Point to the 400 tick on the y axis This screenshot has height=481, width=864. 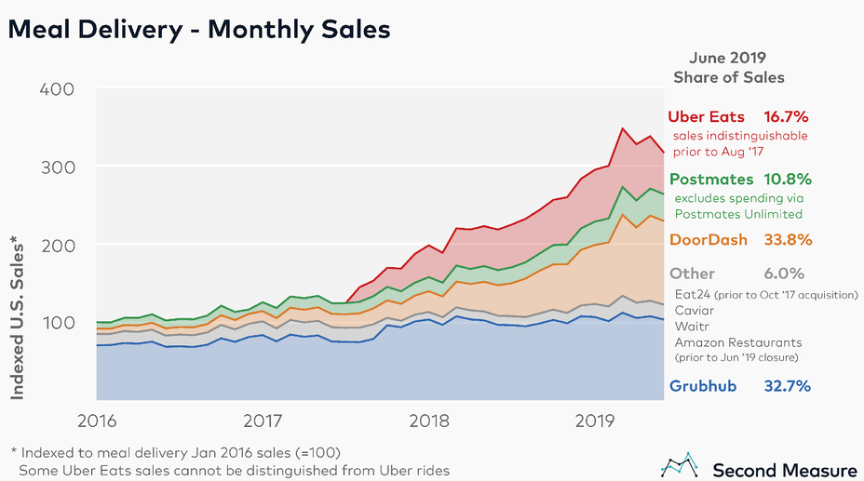point(58,89)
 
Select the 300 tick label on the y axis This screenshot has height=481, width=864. point(58,167)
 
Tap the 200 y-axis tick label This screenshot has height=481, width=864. point(58,245)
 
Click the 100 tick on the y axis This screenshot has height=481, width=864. point(58,323)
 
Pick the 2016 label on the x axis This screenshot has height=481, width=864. point(97,421)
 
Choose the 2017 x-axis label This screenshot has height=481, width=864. point(263,421)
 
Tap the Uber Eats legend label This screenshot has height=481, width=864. point(707,117)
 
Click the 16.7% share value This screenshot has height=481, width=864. point(786,117)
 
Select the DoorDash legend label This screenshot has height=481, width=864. point(709,239)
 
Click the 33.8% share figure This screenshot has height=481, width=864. point(786,239)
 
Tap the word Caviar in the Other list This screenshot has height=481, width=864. point(695,310)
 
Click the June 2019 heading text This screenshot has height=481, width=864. point(728,57)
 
